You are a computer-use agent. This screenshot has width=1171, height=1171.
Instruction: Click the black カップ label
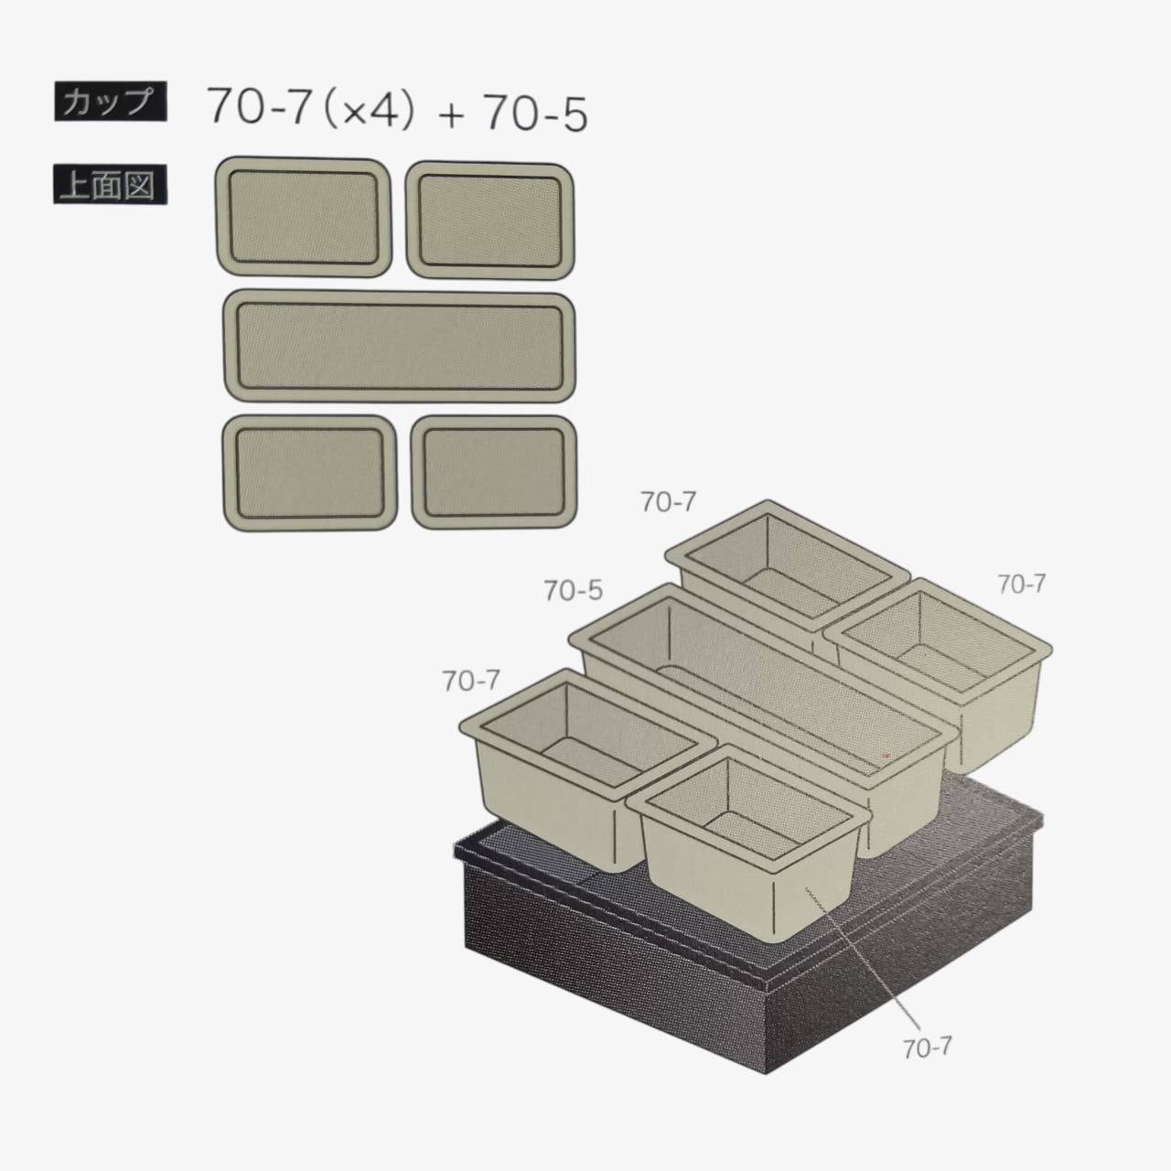pyautogui.click(x=110, y=101)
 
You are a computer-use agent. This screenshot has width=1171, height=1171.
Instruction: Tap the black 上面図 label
pyautogui.click(x=110, y=185)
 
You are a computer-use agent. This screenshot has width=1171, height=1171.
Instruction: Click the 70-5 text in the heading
pyautogui.click(x=536, y=113)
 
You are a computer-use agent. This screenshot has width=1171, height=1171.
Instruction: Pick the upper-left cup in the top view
pyautogui.click(x=303, y=216)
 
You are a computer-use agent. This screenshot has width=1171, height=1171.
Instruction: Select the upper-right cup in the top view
pyautogui.click(x=489, y=220)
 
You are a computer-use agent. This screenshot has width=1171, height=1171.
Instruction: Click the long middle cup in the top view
pyautogui.click(x=399, y=347)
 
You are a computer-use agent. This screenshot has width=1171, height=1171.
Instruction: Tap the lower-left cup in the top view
pyautogui.click(x=309, y=472)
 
